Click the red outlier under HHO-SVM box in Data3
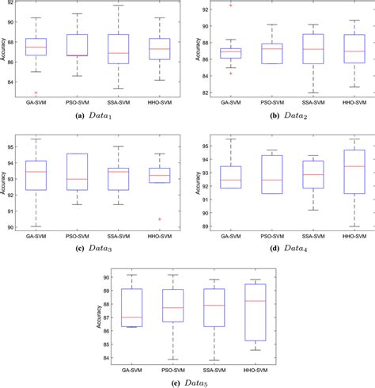click(161, 219)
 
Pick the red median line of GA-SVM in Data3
click(36, 172)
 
